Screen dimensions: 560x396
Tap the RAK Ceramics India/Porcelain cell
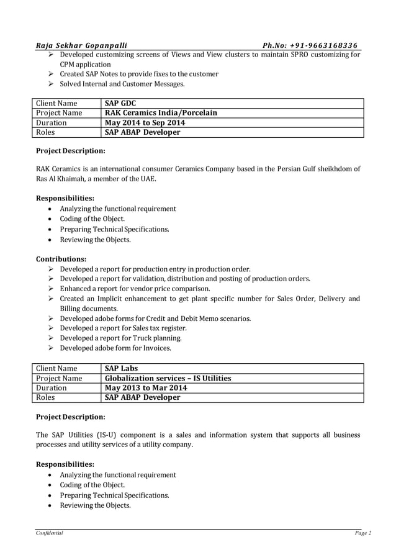point(161,113)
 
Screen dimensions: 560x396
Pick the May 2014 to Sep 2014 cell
point(145,123)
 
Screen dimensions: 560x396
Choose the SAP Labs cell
point(121,368)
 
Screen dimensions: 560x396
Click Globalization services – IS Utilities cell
point(168,378)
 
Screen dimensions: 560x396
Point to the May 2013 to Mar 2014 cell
point(146,388)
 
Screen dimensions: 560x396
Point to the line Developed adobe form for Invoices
point(115,348)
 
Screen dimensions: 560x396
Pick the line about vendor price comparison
point(135,289)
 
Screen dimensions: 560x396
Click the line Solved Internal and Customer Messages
point(122,84)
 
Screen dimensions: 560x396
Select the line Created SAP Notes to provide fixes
point(138,74)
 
